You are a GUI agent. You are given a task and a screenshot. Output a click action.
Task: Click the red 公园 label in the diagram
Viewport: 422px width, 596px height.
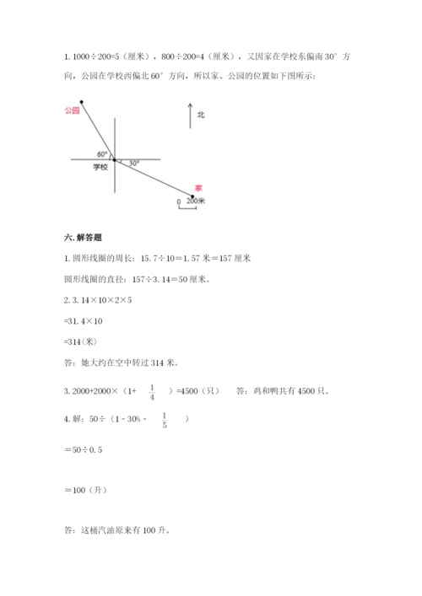71,110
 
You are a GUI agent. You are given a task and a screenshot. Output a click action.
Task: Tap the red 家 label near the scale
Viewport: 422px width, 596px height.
197,188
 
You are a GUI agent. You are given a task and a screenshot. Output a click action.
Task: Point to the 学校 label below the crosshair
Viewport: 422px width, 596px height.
100,168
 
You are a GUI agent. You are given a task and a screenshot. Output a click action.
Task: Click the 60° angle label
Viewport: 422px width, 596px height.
103,153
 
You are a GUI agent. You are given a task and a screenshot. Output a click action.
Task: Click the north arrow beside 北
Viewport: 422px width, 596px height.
190,115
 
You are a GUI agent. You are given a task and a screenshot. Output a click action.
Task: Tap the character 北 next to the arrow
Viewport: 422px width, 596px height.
201,114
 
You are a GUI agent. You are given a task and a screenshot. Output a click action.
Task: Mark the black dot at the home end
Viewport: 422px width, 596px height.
191,197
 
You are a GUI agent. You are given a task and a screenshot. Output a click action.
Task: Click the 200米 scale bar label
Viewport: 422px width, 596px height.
197,201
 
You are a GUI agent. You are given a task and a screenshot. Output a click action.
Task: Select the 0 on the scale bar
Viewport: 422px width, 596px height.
178,202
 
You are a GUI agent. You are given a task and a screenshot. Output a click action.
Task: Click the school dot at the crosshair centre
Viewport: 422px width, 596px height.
115,159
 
